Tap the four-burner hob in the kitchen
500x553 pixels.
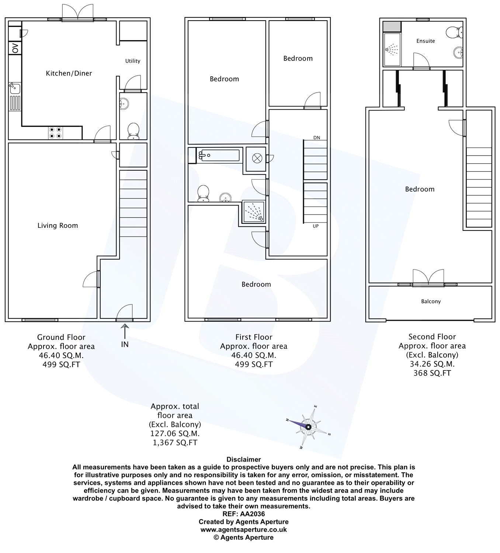[55, 132]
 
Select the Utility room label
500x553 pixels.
[133, 61]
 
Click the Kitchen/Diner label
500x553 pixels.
[69, 73]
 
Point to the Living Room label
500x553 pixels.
[58, 226]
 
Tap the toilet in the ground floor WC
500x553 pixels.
[133, 131]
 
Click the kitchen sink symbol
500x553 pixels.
[15, 88]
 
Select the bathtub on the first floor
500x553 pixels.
[219, 155]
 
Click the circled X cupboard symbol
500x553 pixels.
[257, 159]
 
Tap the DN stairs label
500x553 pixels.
[317, 138]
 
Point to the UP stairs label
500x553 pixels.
[316, 226]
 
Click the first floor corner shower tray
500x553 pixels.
[253, 212]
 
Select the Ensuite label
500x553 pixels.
[426, 41]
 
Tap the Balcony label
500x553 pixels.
[431, 301]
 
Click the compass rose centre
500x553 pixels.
[308, 427]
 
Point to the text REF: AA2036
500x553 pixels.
[243, 514]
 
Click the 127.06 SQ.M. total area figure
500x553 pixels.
[175, 433]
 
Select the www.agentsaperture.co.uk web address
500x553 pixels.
[243, 529]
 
